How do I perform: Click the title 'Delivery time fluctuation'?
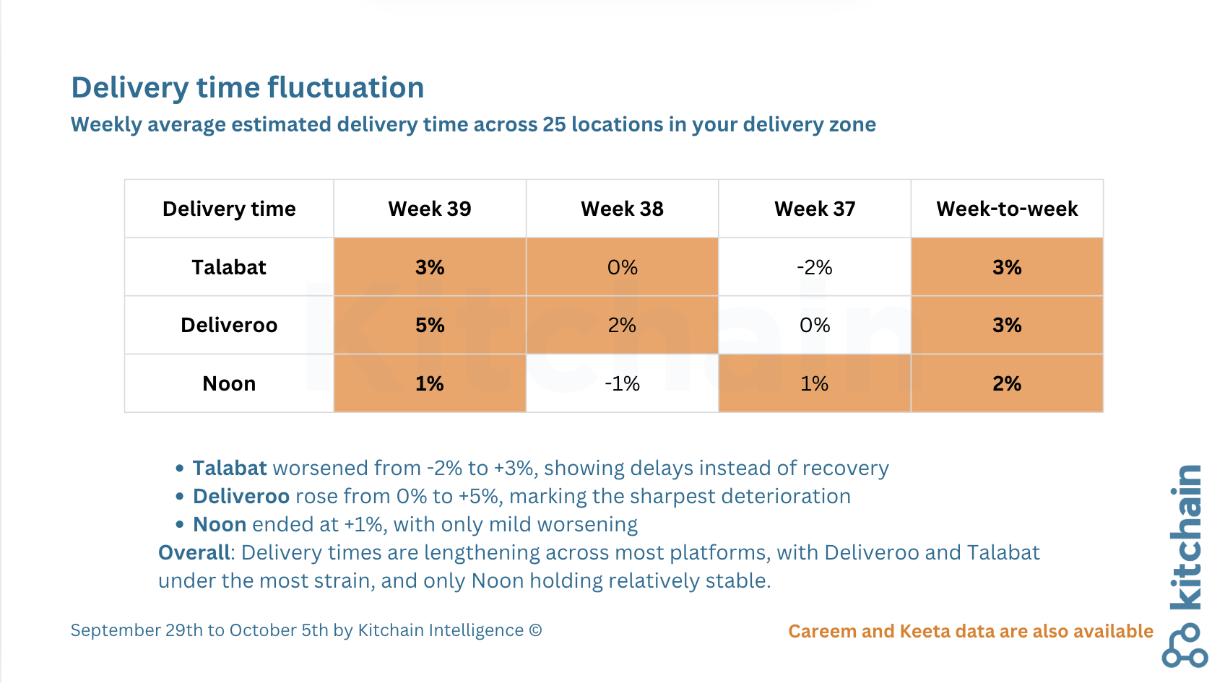pyautogui.click(x=248, y=87)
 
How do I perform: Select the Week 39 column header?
pyautogui.click(x=430, y=209)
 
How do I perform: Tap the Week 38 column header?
pyautogui.click(x=623, y=209)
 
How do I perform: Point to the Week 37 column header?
pyautogui.click(x=815, y=209)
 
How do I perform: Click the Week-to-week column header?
pyautogui.click(x=1007, y=209)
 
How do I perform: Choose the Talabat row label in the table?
pyautogui.click(x=229, y=267)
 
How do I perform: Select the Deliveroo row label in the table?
pyautogui.click(x=229, y=326)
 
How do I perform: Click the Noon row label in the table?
pyautogui.click(x=229, y=384)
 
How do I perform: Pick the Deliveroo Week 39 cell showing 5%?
pyautogui.click(x=430, y=326)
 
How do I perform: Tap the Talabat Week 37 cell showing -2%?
pyautogui.click(x=815, y=267)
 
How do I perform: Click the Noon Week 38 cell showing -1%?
pyautogui.click(x=623, y=384)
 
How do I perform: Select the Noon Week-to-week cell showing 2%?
pyautogui.click(x=1007, y=384)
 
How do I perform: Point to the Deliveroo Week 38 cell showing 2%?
pyautogui.click(x=623, y=326)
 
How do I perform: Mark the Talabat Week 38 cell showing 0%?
pyautogui.click(x=623, y=267)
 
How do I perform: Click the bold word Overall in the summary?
pyautogui.click(x=194, y=553)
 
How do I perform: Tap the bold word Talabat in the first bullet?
pyautogui.click(x=230, y=469)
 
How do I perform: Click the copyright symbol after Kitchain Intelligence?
pyautogui.click(x=536, y=630)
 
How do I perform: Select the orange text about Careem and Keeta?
pyautogui.click(x=971, y=632)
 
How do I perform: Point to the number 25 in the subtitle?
pyautogui.click(x=554, y=125)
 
